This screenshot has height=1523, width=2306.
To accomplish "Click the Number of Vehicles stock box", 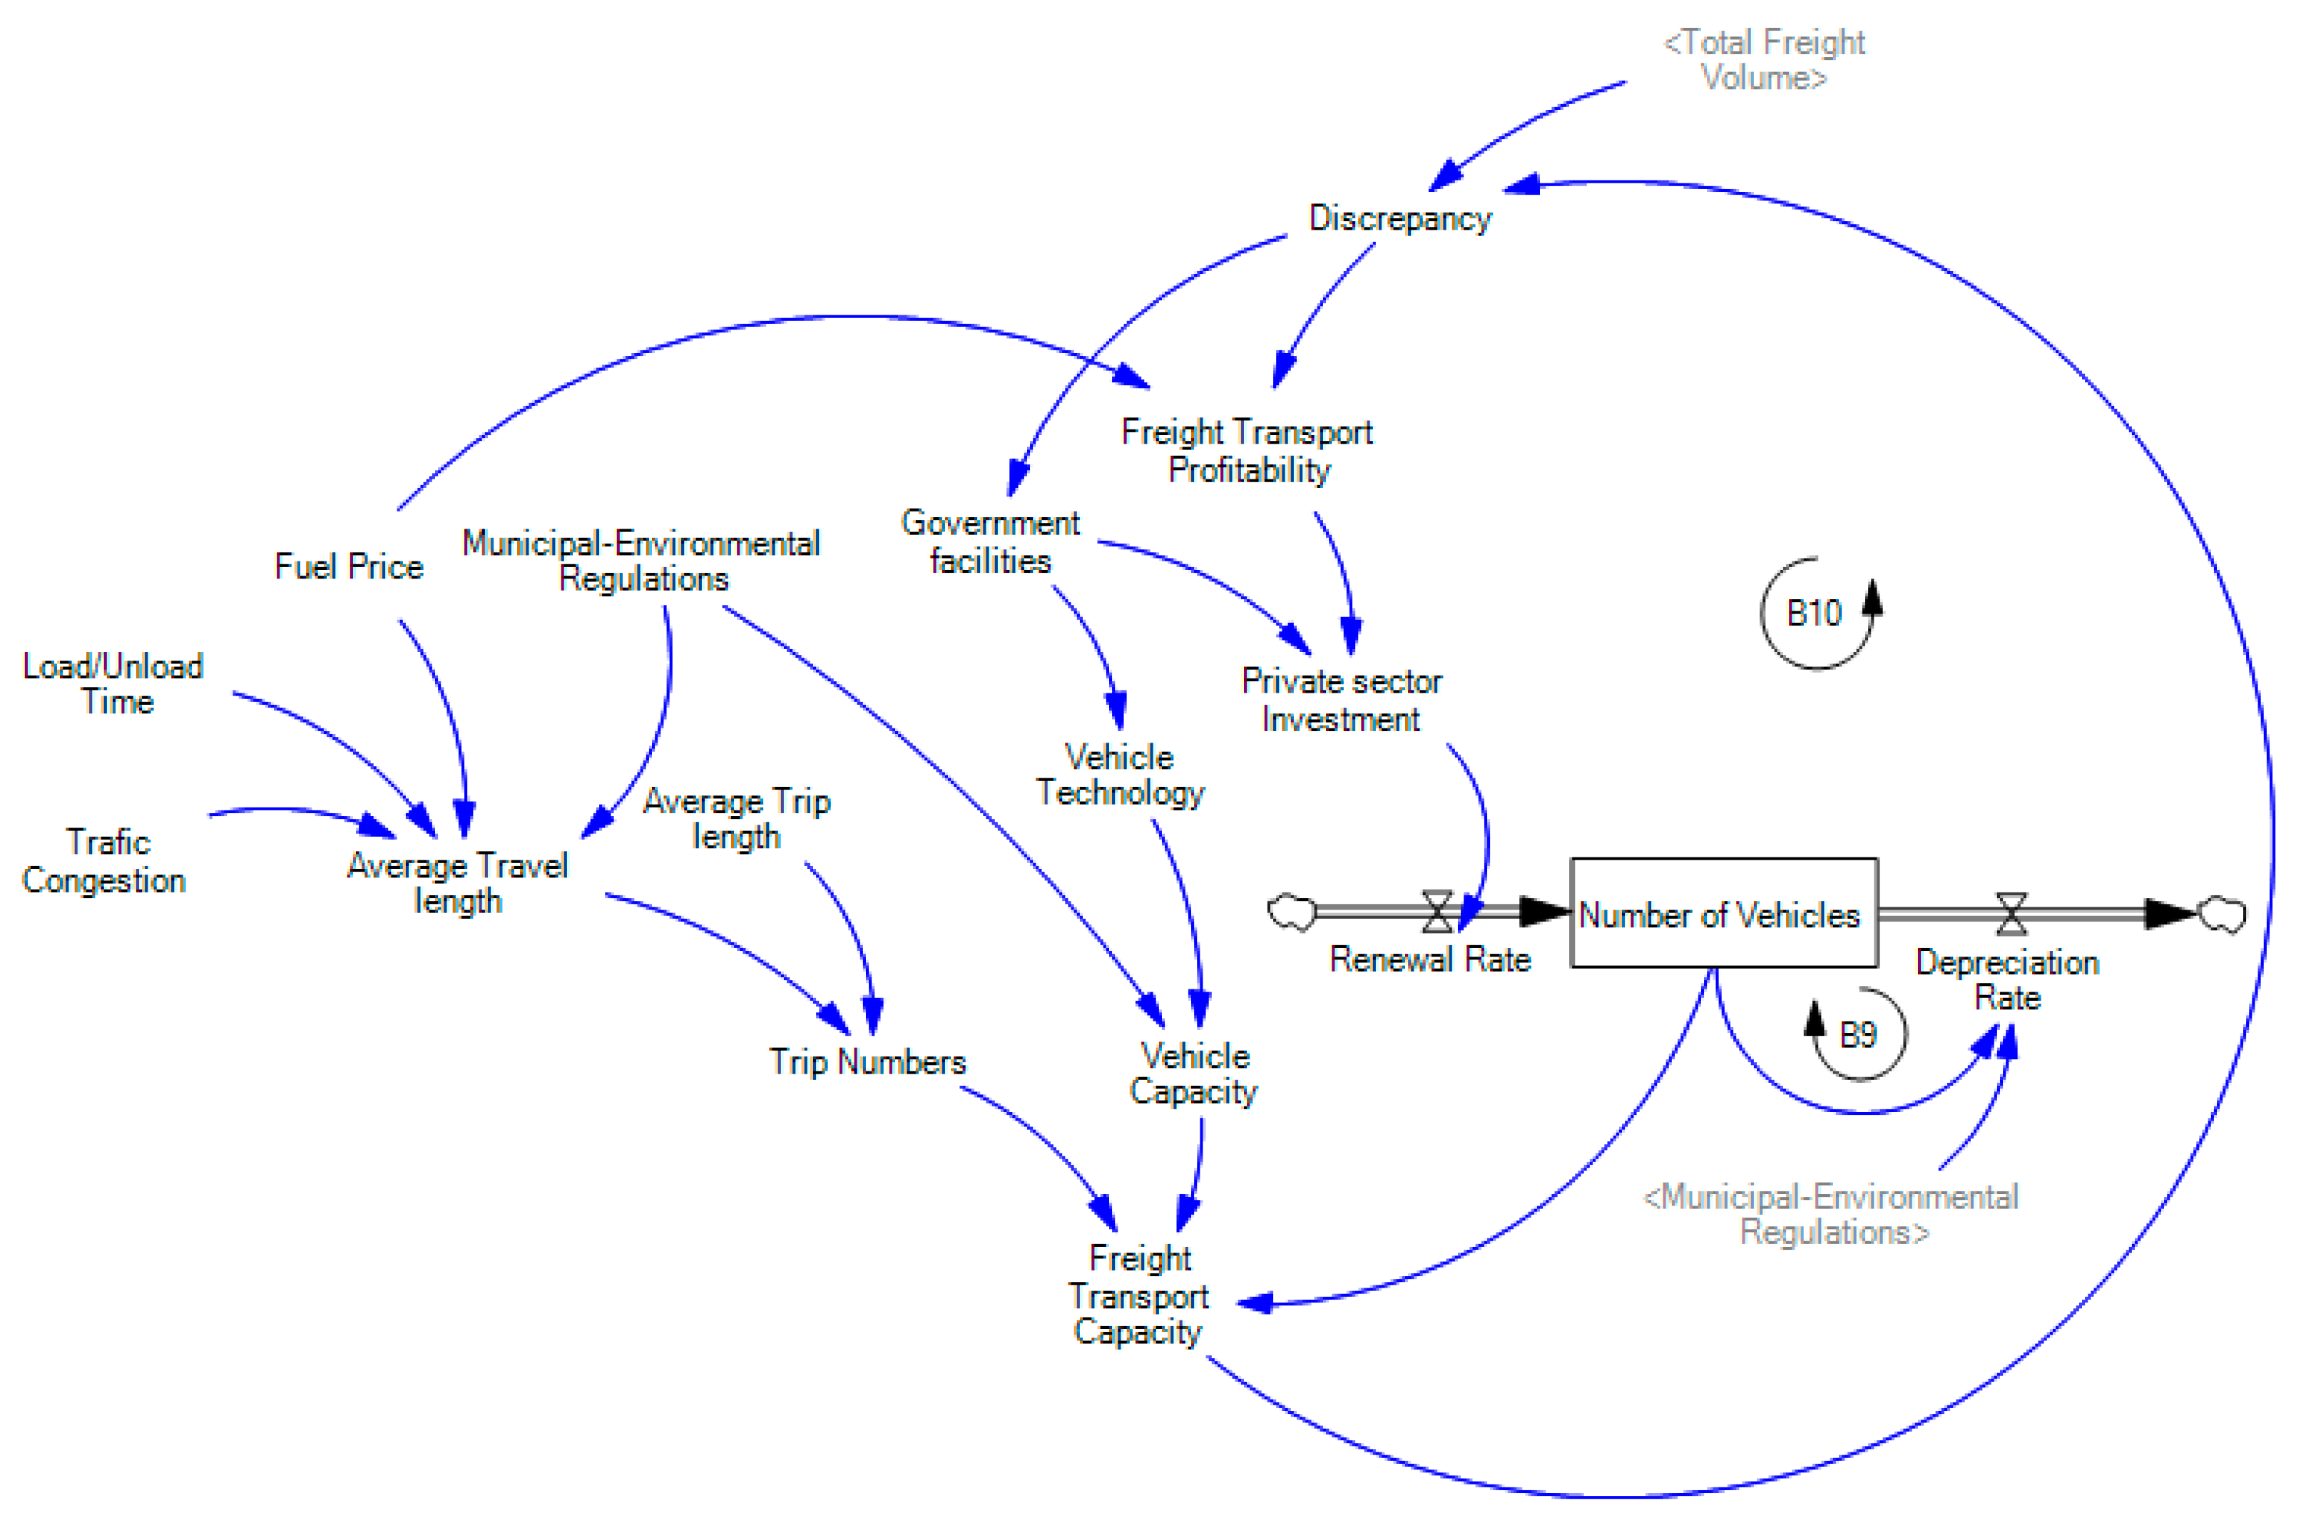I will tap(1723, 914).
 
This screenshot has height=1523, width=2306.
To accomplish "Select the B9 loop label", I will tap(1857, 1035).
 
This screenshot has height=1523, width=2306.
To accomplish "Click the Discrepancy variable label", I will tap(1399, 218).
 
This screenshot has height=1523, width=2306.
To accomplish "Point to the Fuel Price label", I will tap(349, 566).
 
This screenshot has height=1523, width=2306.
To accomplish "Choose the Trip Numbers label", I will tap(867, 1061).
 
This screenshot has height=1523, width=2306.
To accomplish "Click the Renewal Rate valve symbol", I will tap(1437, 911).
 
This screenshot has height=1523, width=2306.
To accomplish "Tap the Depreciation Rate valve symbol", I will tap(2011, 913).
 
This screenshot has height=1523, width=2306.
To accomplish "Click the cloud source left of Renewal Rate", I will tap(1291, 911).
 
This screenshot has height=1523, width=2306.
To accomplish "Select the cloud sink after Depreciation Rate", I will tap(2222, 913).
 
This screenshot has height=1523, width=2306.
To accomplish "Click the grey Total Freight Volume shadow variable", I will tap(1763, 60).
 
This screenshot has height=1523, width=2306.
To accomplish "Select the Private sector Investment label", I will tap(1341, 701).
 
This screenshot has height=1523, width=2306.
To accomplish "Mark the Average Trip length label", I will tap(736, 819).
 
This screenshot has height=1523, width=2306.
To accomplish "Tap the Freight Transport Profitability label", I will tap(1247, 451).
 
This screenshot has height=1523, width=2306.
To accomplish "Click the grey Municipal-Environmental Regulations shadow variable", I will tap(1830, 1214).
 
